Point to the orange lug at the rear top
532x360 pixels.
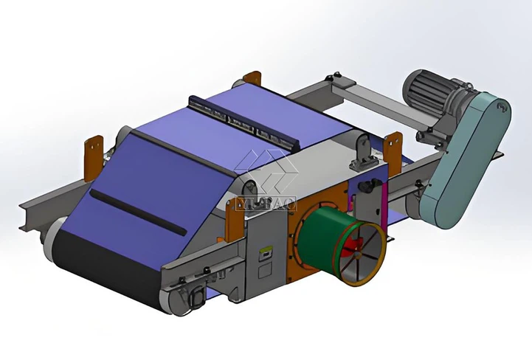pos(253,80)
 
